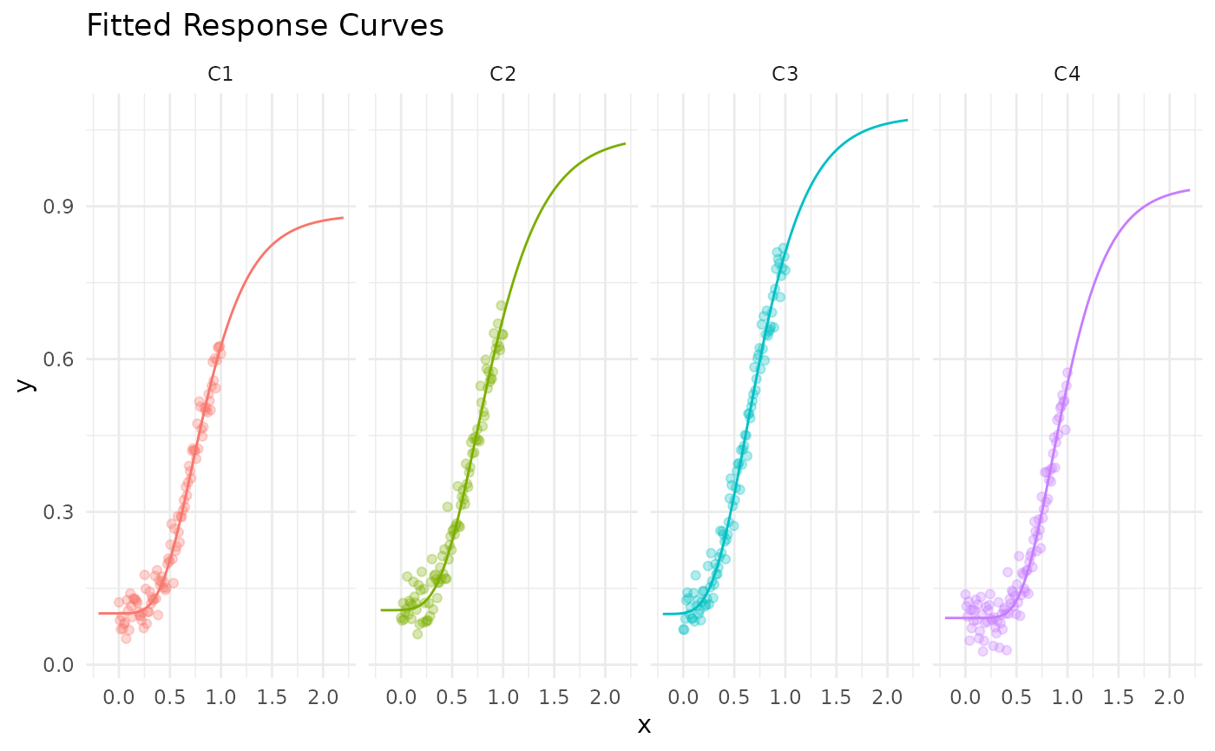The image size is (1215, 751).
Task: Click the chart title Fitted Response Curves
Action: tap(265, 26)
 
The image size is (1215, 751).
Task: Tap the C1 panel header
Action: tap(220, 75)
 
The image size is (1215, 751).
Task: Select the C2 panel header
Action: tap(502, 75)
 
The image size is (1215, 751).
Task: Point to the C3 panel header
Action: tap(785, 75)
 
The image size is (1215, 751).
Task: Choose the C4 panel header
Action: tap(1067, 75)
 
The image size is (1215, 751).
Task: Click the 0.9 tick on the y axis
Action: tap(58, 207)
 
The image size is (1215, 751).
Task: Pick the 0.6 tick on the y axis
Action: tap(58, 359)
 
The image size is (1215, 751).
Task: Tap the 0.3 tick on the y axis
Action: tap(58, 512)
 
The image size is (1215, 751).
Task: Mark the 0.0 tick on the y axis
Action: tap(58, 665)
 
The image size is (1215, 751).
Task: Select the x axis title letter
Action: tap(644, 726)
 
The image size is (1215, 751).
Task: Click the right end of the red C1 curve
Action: tap(343, 218)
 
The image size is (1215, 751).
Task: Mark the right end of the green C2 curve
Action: tap(625, 144)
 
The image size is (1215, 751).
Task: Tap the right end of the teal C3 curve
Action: tap(907, 120)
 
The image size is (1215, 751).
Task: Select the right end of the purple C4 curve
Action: tap(1189, 190)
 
